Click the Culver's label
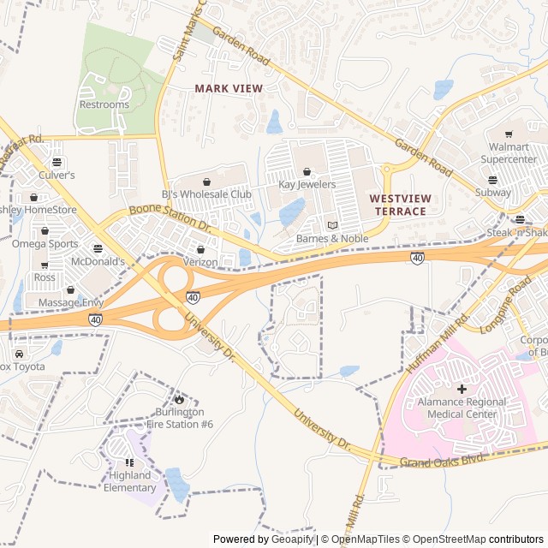pyautogui.click(x=57, y=175)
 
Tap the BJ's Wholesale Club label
pyautogui.click(x=206, y=194)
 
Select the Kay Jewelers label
pyautogui.click(x=307, y=184)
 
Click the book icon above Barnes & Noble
pyautogui.click(x=333, y=225)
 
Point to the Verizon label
pyautogui.click(x=200, y=261)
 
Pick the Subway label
pyautogui.click(x=492, y=193)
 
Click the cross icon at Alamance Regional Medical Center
pyautogui.click(x=462, y=389)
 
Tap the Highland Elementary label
pyautogui.click(x=129, y=481)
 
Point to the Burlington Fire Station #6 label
pyautogui.click(x=179, y=418)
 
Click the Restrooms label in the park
pyautogui.click(x=104, y=104)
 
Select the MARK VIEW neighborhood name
pyautogui.click(x=228, y=88)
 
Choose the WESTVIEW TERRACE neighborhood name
pyautogui.click(x=398, y=205)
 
